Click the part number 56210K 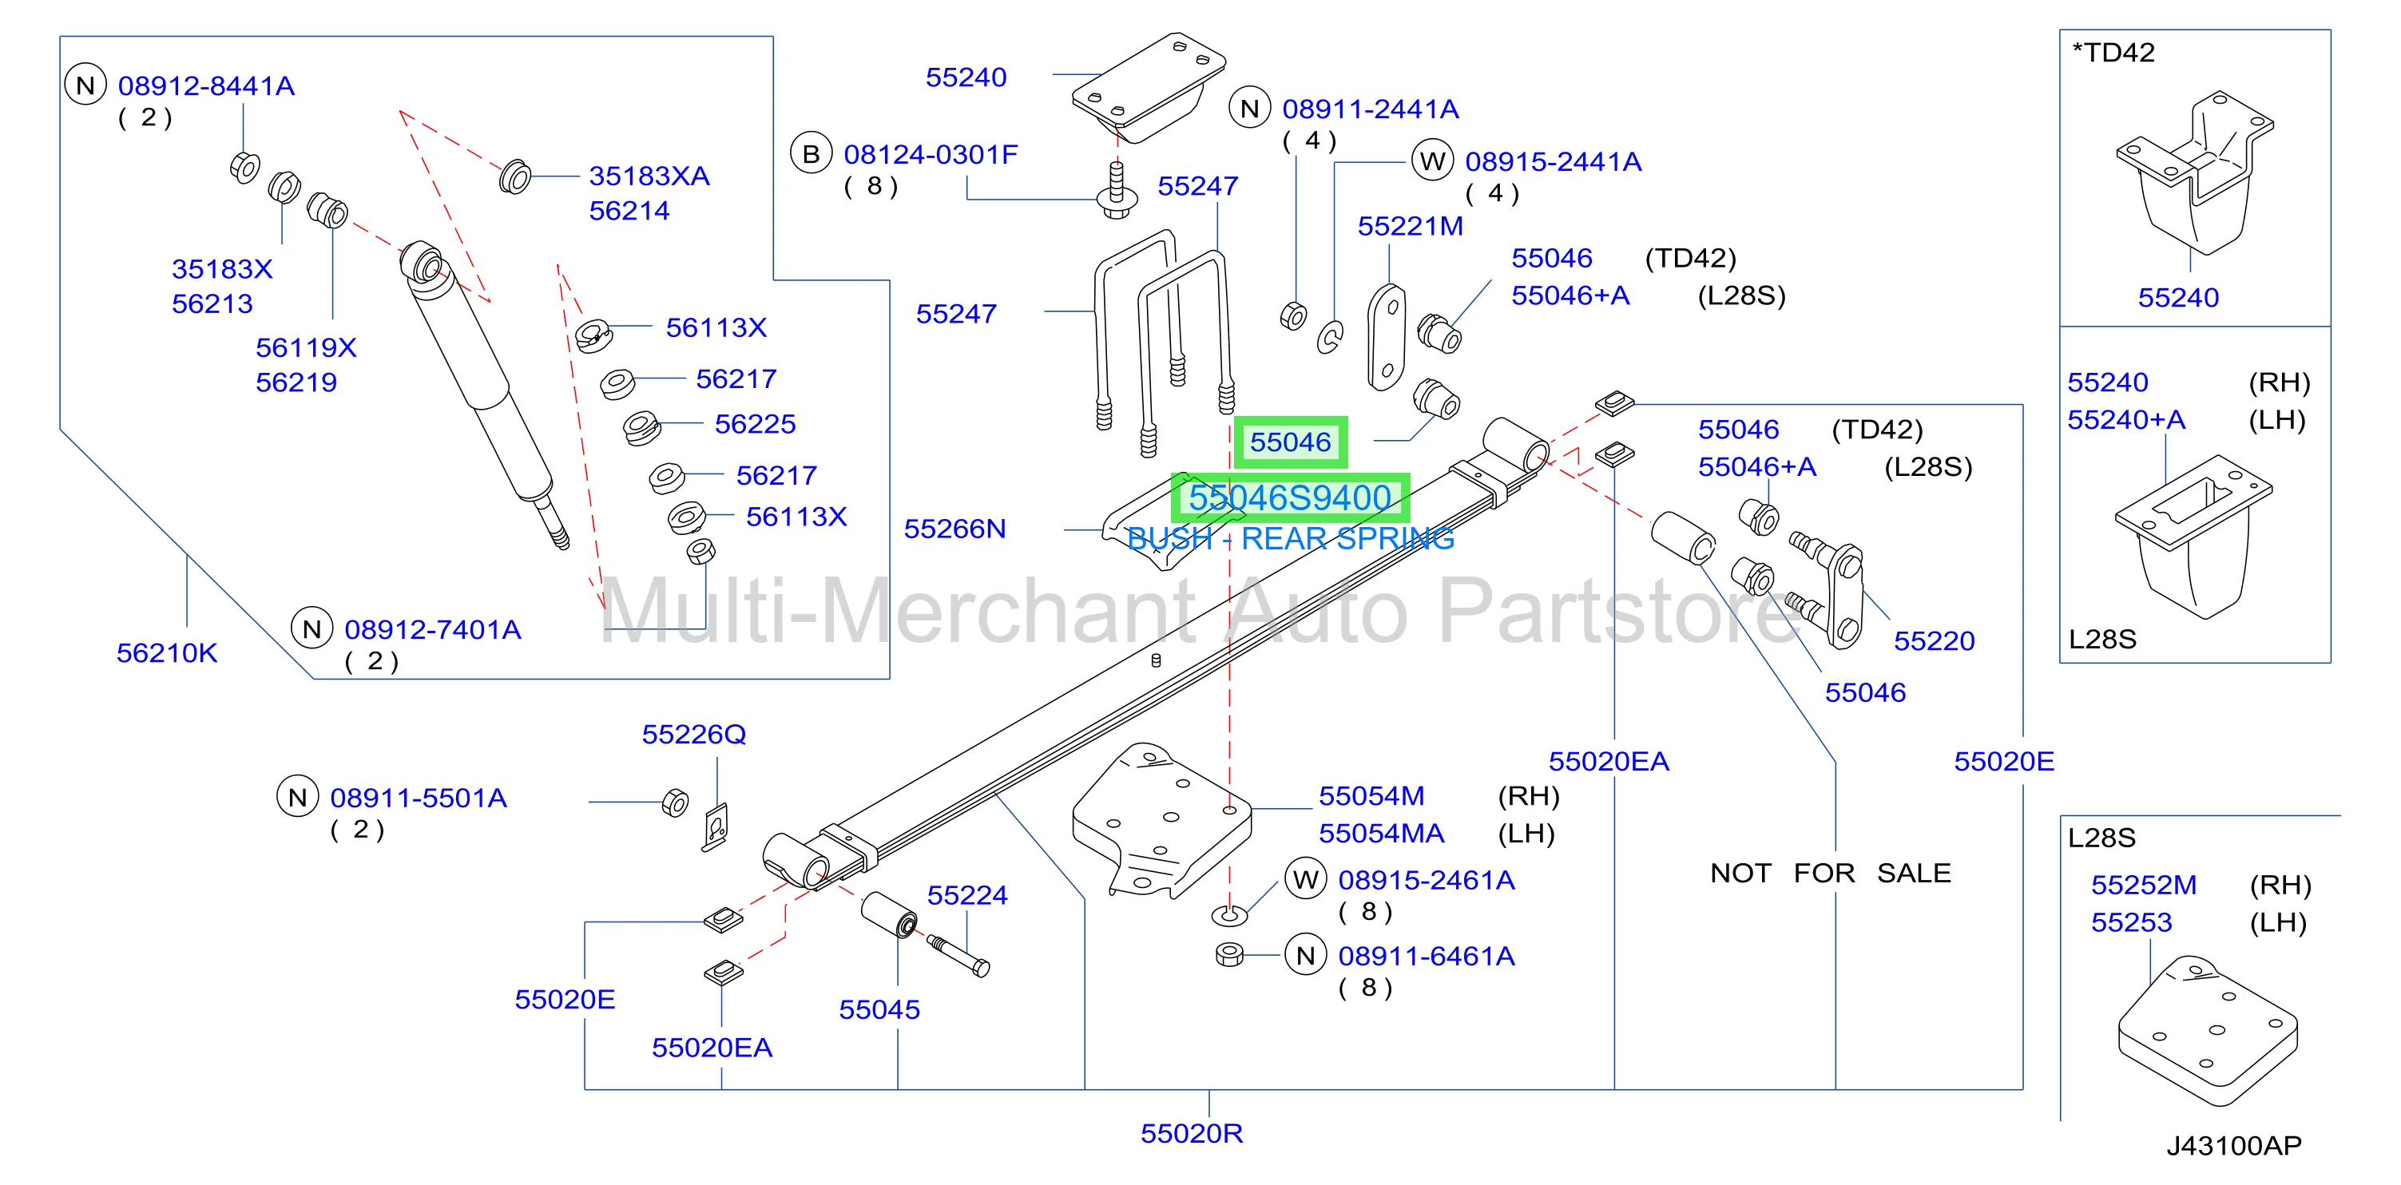click(167, 653)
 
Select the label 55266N click(955, 529)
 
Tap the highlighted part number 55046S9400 click(1290, 498)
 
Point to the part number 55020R click(1192, 1134)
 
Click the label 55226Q click(694, 735)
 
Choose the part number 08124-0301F click(931, 155)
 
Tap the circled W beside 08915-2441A click(1433, 162)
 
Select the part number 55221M click(1411, 227)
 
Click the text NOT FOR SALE click(1831, 874)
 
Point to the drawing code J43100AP click(2234, 1146)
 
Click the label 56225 click(756, 424)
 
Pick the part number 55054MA click(1381, 834)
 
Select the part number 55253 click(2132, 923)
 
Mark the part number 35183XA click(649, 176)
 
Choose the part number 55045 click(880, 1010)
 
